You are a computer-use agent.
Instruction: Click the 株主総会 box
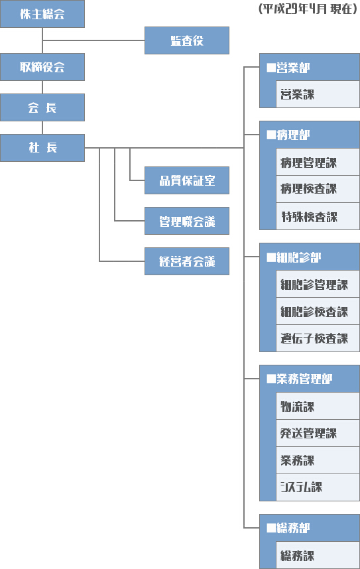click(x=42, y=14)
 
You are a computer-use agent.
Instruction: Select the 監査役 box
click(x=187, y=40)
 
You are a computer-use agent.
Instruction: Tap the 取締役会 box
click(x=42, y=67)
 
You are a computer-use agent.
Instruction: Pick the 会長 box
click(x=42, y=107)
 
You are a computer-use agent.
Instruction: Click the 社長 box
click(x=42, y=148)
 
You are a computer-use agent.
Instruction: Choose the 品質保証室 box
click(x=187, y=180)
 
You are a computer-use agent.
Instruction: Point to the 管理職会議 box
click(x=187, y=221)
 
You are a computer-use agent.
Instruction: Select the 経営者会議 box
click(x=187, y=261)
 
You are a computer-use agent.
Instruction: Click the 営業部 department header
click(x=310, y=67)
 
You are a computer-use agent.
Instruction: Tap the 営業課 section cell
click(x=318, y=94)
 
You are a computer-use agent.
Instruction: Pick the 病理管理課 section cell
click(x=318, y=162)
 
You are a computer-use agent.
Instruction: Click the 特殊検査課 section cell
click(x=318, y=216)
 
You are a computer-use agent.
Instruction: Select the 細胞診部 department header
click(x=310, y=257)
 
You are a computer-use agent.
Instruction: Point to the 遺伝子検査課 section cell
click(x=318, y=338)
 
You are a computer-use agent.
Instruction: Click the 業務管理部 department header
click(x=310, y=379)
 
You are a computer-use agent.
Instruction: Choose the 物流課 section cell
click(x=318, y=406)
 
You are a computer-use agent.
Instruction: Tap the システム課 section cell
click(x=318, y=487)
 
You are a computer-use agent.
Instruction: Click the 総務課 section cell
click(x=318, y=555)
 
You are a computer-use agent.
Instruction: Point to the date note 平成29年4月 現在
click(x=308, y=9)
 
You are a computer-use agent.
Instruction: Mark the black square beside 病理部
click(x=271, y=135)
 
